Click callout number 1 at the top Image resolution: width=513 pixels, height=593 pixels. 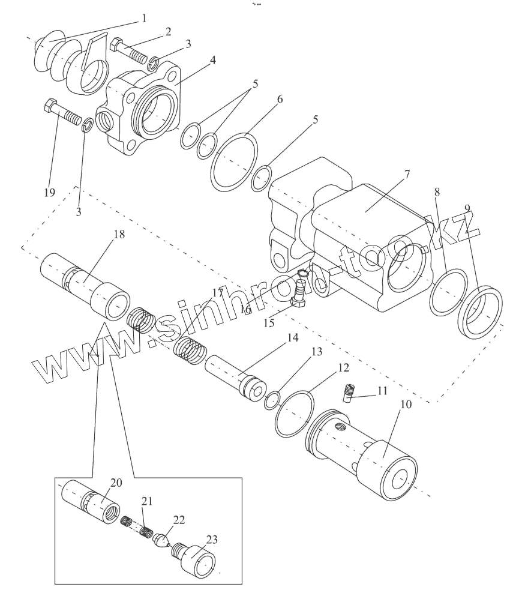coord(143,18)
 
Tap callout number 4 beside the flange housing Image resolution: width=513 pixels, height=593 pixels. coord(213,60)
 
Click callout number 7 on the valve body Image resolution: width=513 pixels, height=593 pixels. coord(407,174)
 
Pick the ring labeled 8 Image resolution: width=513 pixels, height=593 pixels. coord(448,292)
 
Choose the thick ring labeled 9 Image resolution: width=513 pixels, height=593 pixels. coord(480,313)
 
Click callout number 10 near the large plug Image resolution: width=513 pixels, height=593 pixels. coord(406,404)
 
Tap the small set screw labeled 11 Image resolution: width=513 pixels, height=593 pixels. coord(348,392)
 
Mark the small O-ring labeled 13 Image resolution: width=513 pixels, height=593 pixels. coord(272,400)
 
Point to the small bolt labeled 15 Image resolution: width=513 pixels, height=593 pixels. coord(301,291)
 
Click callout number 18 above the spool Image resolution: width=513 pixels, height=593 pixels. coord(119,234)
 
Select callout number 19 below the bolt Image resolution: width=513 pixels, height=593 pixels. coord(49,193)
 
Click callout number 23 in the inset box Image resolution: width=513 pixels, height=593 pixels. coord(212,540)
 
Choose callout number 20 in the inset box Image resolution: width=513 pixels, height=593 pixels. coord(116,483)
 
